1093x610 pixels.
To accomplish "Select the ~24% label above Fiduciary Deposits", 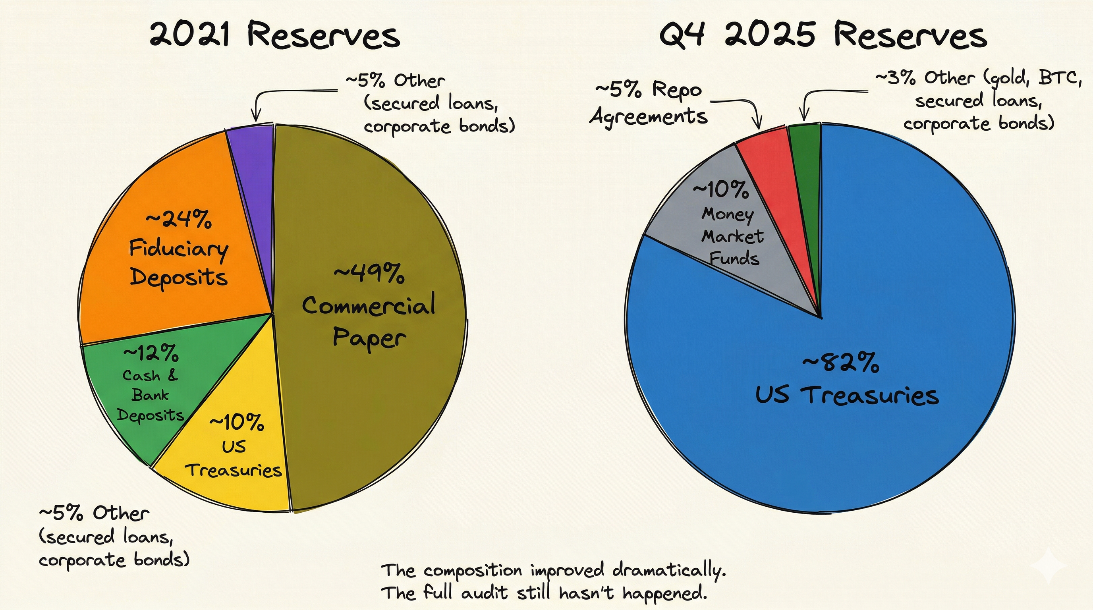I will (179, 219).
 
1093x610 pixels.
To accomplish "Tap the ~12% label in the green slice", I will (151, 353).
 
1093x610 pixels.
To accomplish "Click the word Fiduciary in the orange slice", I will (179, 249).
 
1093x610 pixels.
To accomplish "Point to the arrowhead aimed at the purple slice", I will (255, 117).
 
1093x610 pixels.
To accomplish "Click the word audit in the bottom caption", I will (484, 593).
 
